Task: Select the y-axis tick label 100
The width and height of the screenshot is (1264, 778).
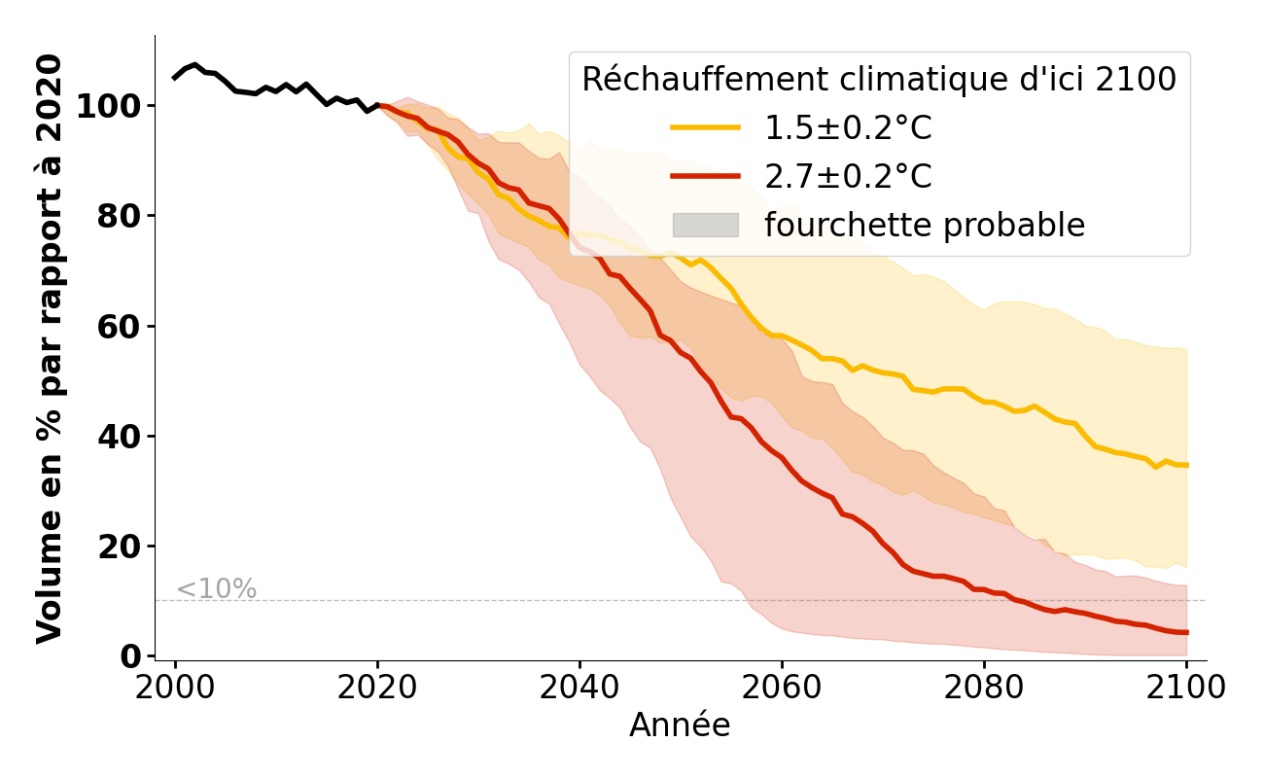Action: click(109, 106)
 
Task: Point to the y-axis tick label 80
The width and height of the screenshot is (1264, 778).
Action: click(120, 216)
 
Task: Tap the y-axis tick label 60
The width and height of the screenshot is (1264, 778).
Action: click(120, 326)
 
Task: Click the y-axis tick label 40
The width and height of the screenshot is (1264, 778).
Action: click(120, 436)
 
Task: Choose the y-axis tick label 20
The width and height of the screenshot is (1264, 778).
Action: click(120, 547)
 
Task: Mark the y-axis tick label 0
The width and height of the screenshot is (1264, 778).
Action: click(130, 656)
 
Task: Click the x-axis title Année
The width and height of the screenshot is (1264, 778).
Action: click(680, 725)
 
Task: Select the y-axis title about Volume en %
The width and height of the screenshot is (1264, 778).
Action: click(50, 348)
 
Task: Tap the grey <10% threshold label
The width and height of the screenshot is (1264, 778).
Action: click(216, 589)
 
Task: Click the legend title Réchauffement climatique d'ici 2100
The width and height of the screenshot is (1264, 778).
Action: click(879, 80)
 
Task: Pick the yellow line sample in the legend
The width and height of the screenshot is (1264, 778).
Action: click(706, 128)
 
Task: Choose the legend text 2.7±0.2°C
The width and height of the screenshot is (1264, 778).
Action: click(848, 177)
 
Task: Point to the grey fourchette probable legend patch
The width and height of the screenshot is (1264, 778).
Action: click(706, 226)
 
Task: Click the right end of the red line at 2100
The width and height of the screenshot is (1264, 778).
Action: click(1186, 632)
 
